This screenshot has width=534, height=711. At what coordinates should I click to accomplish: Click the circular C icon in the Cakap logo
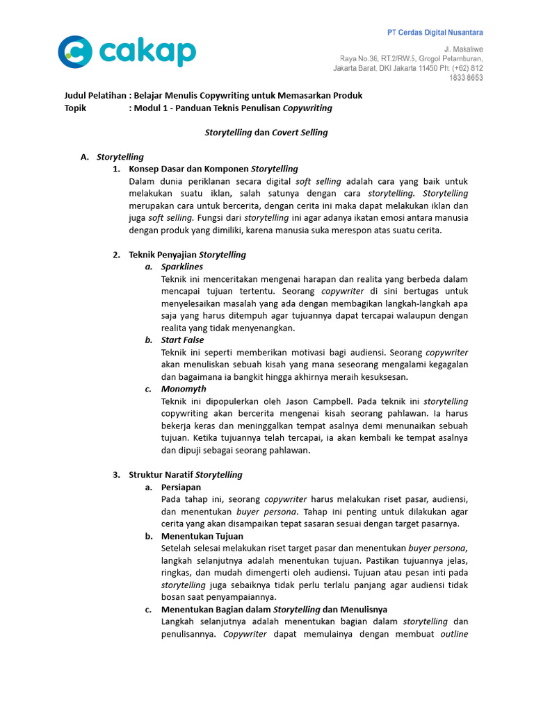coord(74,51)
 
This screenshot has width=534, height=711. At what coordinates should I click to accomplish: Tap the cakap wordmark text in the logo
coord(148,52)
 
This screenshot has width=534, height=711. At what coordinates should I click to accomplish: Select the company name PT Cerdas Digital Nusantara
coord(435,33)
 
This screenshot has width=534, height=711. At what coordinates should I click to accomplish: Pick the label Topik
coord(75,108)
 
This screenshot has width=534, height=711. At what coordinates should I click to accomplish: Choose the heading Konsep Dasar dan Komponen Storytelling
coord(213,169)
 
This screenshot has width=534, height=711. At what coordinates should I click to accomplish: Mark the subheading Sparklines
coord(181,267)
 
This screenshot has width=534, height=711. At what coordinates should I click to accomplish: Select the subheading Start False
coord(182,340)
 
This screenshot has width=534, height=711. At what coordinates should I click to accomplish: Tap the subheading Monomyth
coord(184,389)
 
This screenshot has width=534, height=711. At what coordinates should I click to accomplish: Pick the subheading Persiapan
coord(181,487)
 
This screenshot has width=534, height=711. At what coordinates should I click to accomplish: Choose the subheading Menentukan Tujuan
coord(202,536)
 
